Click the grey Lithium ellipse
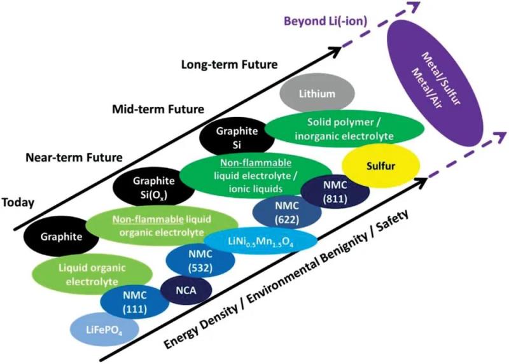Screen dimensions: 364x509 [317, 94]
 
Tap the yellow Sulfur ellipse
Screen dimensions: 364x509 [372, 166]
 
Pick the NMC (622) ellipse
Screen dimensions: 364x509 [282, 213]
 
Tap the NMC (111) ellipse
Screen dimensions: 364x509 [134, 301]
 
